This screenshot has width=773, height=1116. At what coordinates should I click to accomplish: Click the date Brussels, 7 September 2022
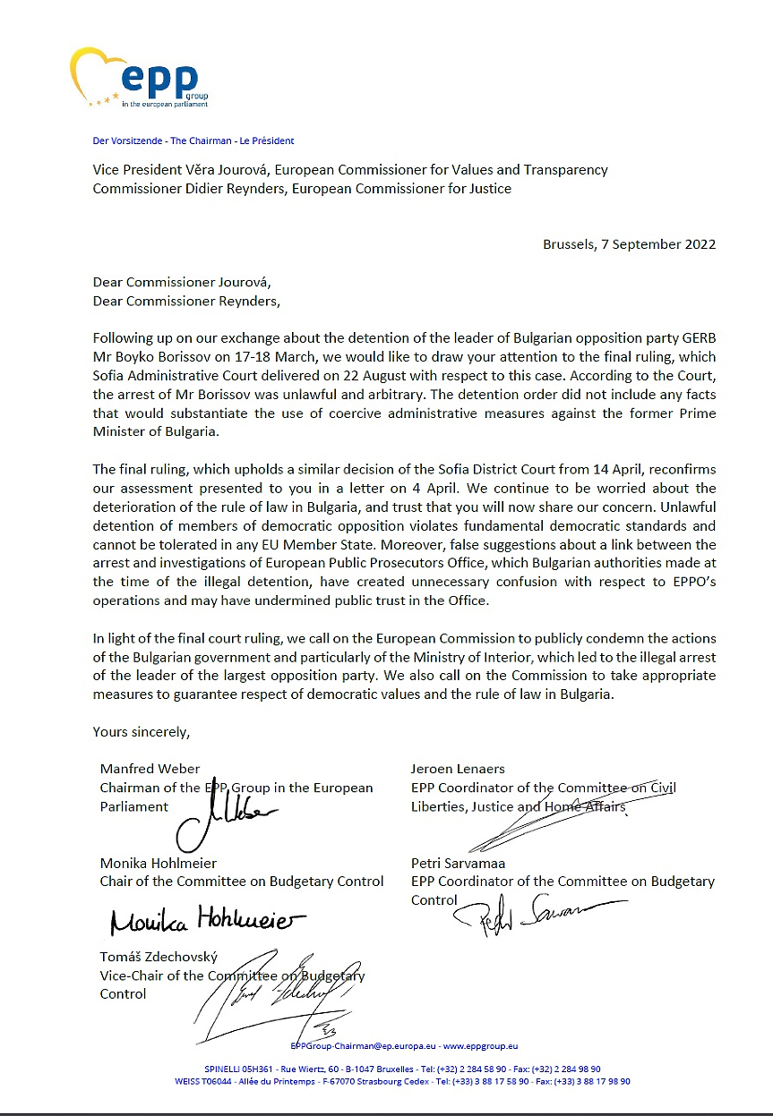(x=629, y=244)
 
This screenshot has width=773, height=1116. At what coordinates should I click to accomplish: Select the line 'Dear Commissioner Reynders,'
(x=186, y=302)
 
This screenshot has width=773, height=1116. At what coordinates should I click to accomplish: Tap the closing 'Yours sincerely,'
(x=142, y=731)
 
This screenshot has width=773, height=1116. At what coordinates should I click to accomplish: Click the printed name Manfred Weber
(x=150, y=768)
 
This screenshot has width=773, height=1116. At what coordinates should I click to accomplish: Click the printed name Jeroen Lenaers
(x=458, y=768)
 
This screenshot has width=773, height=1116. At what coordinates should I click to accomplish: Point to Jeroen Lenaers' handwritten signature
(x=537, y=823)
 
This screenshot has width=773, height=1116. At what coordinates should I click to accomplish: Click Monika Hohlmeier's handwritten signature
(x=207, y=921)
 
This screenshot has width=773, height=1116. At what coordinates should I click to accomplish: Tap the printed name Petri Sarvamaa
(x=459, y=863)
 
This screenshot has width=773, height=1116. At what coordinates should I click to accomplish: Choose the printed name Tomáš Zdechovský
(x=159, y=957)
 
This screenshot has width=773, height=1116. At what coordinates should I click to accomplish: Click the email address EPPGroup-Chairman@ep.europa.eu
(x=364, y=1045)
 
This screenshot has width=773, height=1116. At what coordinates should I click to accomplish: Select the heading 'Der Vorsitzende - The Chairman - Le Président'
(x=193, y=141)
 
